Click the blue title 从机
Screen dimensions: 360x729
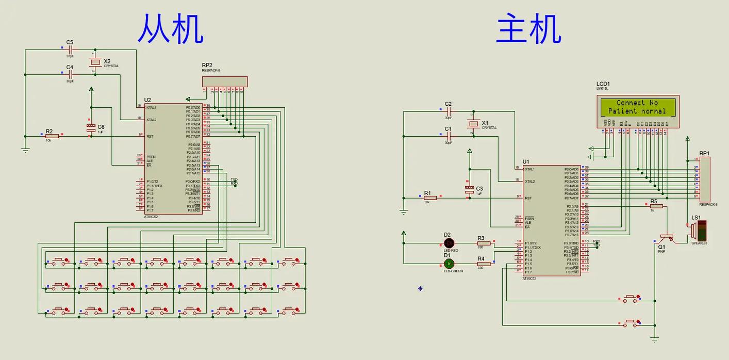tap(170, 29)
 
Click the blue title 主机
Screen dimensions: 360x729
tap(528, 29)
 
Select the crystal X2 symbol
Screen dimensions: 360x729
tap(95, 62)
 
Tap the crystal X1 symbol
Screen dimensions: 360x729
tap(473, 124)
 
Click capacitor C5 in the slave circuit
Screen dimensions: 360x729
tap(70, 50)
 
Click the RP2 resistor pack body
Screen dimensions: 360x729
tap(225, 81)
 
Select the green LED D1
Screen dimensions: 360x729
tap(449, 264)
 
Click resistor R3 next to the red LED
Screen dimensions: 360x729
tap(483, 243)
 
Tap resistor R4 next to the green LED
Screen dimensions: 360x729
tap(483, 264)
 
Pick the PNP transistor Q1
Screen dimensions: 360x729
tap(667, 238)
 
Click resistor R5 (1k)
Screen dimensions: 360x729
tap(656, 206)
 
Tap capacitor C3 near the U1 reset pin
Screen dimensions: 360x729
tap(469, 189)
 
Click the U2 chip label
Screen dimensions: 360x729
tap(147, 100)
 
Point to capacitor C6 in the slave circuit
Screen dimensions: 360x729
tap(91, 127)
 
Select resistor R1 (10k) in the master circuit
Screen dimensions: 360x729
tap(430, 198)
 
